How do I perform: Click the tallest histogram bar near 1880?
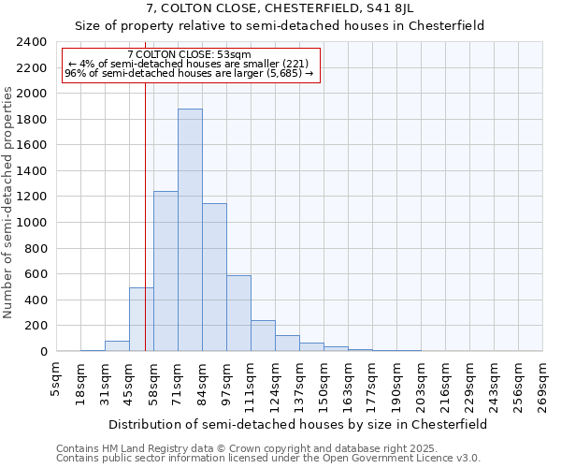pyautogui.click(x=190, y=230)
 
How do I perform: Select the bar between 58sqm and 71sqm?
pyautogui.click(x=165, y=271)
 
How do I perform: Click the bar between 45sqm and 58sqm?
pyautogui.click(x=141, y=319)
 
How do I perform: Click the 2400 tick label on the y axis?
pyautogui.click(x=32, y=42)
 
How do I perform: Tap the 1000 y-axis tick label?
pyautogui.click(x=32, y=223)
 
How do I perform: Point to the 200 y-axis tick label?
pyautogui.click(x=36, y=326)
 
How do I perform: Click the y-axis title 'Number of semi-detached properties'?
pyautogui.click(x=9, y=202)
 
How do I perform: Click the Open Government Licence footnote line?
pyautogui.click(x=268, y=459)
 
